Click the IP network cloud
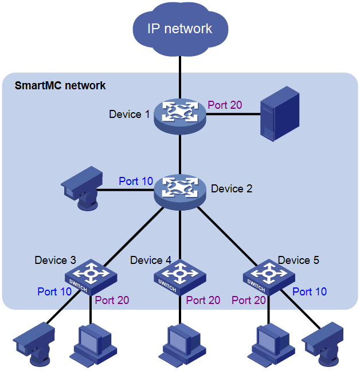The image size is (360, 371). click(x=180, y=30)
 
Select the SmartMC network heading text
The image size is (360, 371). click(x=60, y=86)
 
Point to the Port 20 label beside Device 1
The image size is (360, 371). click(x=225, y=105)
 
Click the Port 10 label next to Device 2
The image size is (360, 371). click(x=136, y=181)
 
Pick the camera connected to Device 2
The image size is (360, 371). click(x=83, y=188)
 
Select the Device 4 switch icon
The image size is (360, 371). click(x=180, y=277)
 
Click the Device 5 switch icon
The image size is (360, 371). click(x=269, y=277)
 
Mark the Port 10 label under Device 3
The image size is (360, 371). click(x=54, y=291)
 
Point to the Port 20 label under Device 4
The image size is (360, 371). click(x=203, y=300)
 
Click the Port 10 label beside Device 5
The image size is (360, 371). click(x=310, y=291)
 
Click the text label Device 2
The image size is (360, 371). click(x=232, y=188)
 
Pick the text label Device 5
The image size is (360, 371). click(x=298, y=260)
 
